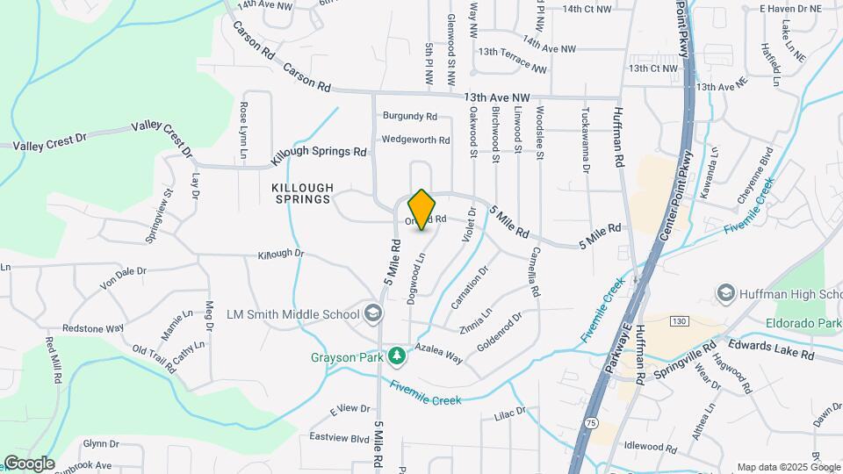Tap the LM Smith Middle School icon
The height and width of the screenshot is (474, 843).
pos(373,313)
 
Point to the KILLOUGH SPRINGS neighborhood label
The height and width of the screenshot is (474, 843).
pos(302,193)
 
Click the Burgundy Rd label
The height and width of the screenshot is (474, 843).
pos(409,116)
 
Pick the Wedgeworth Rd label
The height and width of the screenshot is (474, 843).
pos(414,140)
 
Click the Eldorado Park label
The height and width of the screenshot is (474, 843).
pos(807,322)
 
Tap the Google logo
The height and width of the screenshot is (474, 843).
pos(28,463)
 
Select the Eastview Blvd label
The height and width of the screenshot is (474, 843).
pos(340,437)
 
